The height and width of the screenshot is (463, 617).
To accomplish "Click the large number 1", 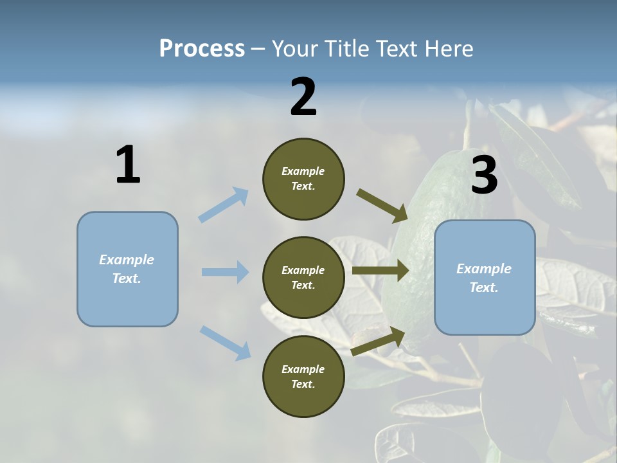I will pyautogui.click(x=128, y=165).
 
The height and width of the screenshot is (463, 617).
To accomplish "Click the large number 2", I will pyautogui.click(x=303, y=97).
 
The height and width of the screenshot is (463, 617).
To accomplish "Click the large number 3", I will pyautogui.click(x=484, y=175).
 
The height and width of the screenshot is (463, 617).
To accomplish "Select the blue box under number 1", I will pyautogui.click(x=127, y=269).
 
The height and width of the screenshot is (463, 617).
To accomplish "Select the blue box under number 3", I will pyautogui.click(x=485, y=277).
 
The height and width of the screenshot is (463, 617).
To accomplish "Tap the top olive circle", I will pyautogui.click(x=303, y=179).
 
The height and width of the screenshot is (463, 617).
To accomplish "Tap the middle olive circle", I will pyautogui.click(x=303, y=277).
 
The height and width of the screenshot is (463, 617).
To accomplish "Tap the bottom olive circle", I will pyautogui.click(x=303, y=376).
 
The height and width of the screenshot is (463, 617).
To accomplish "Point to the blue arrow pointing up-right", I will pyautogui.click(x=224, y=204).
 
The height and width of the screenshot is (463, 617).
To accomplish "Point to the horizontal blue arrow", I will pyautogui.click(x=225, y=272).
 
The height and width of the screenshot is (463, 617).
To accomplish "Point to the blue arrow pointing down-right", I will pyautogui.click(x=225, y=343).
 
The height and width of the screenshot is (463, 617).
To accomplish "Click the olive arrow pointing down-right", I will pyautogui.click(x=382, y=205).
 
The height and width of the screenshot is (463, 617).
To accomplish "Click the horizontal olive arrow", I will pyautogui.click(x=380, y=271).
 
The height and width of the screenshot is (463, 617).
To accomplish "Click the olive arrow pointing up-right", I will pyautogui.click(x=379, y=341).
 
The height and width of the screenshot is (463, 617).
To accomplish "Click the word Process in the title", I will pyautogui.click(x=202, y=48).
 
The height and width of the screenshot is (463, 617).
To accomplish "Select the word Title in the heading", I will pyautogui.click(x=348, y=48).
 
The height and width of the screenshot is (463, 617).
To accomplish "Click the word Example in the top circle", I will pyautogui.click(x=303, y=171).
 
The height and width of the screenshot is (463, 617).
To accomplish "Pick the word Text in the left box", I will pyautogui.click(x=126, y=278).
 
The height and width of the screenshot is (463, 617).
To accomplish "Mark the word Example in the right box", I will pyautogui.click(x=484, y=269).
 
